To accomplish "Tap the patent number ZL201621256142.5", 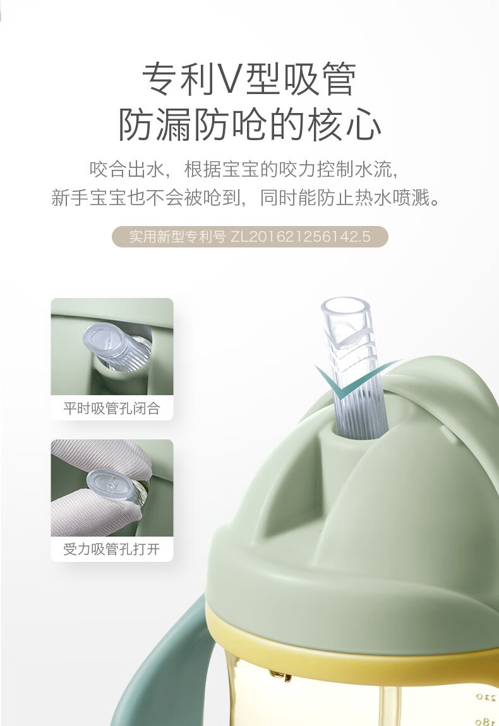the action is (300, 237).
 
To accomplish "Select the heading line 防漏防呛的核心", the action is (249, 125).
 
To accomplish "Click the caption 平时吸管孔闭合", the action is (112, 408).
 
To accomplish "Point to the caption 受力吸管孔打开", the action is (112, 549).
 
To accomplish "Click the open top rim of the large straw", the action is (346, 305).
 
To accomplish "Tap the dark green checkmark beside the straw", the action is (352, 379).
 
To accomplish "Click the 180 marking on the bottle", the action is (486, 722).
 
